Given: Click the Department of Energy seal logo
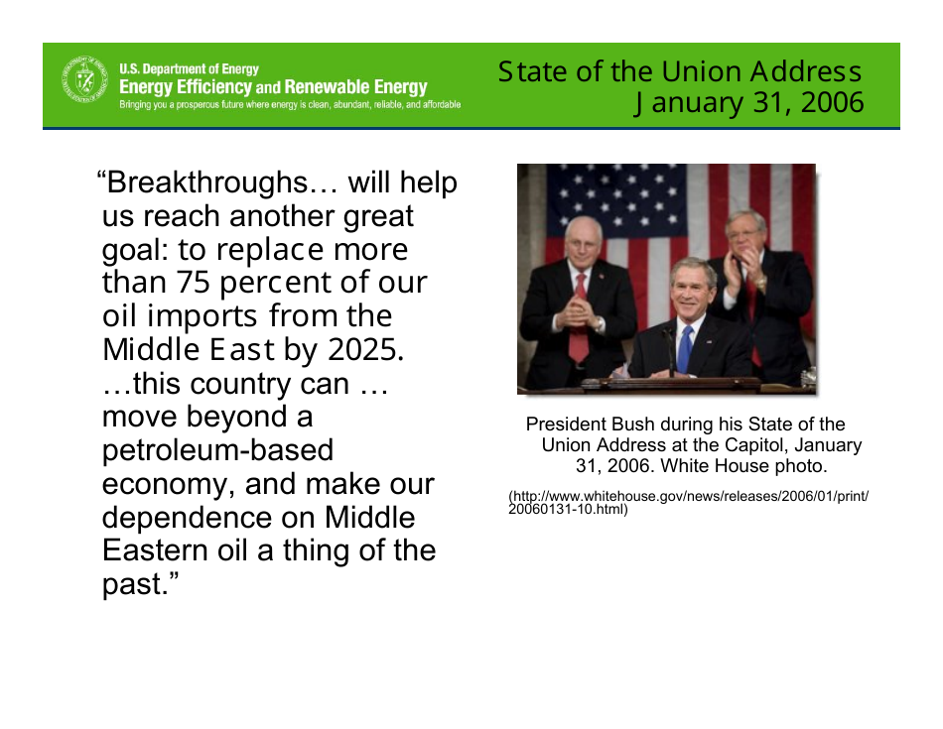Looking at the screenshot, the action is tap(85, 78).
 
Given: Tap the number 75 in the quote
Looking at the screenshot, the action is tap(193, 282).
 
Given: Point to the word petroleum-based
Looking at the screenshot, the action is tap(217, 450).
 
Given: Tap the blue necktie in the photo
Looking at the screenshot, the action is tap(685, 349).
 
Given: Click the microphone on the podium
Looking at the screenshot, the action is tap(669, 348).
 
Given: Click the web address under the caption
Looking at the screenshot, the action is tap(689, 503).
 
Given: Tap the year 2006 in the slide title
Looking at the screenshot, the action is tap(833, 102).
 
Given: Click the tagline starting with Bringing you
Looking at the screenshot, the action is tap(290, 104).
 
